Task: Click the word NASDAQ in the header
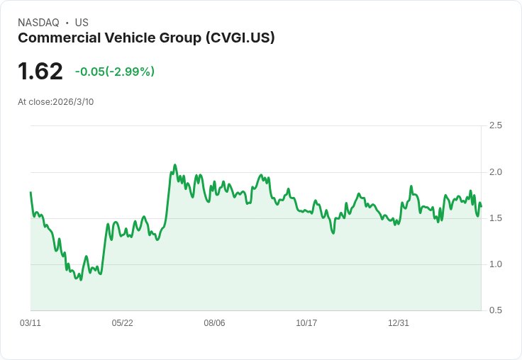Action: pos(38,23)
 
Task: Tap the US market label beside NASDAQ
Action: pos(82,23)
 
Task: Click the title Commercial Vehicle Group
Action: pos(110,38)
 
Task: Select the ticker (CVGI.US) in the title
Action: pos(240,38)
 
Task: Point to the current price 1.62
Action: pos(40,71)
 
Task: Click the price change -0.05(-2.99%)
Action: pos(115,72)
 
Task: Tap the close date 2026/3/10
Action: pos(73,102)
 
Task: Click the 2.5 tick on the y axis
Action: pos(496,125)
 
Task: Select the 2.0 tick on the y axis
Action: pos(496,172)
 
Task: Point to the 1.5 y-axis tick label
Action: pos(496,218)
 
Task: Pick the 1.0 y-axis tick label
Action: pos(496,264)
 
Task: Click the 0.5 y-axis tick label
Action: pos(496,310)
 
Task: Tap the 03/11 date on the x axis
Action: pos(30,323)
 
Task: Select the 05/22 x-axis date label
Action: pos(122,323)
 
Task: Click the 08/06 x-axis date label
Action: pos(214,323)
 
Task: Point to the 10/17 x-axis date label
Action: pos(306,323)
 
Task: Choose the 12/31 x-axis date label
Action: pos(399,323)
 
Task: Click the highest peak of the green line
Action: pos(174,165)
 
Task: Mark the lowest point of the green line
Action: pos(81,280)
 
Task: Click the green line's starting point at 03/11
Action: pos(30,193)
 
